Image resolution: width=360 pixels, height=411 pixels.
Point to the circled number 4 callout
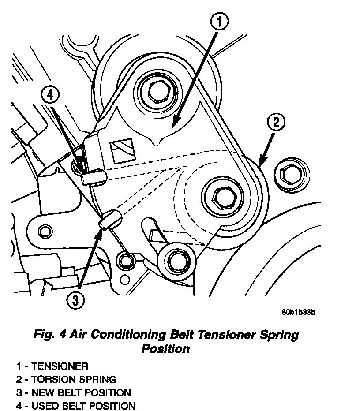tap(49, 94)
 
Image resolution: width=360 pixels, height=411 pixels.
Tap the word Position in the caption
tap(165, 349)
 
